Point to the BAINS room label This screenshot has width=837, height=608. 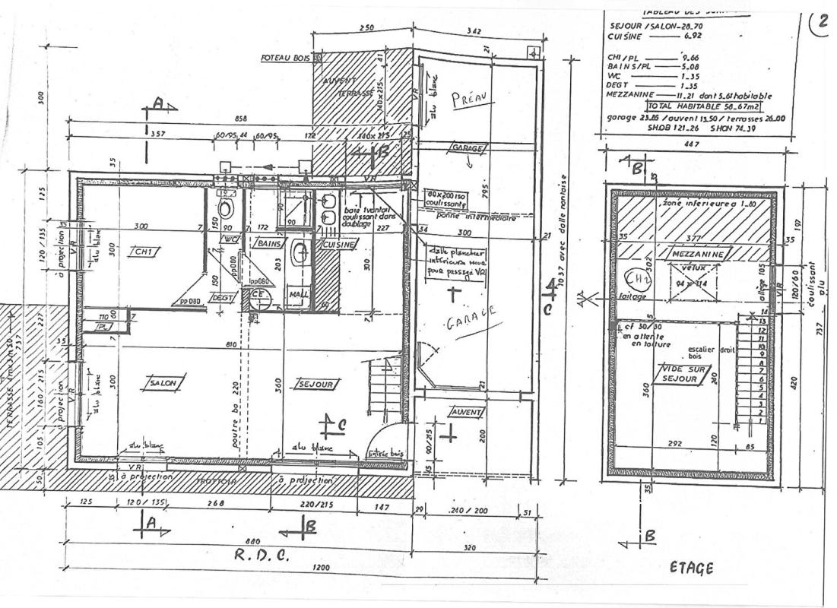[x=270, y=244]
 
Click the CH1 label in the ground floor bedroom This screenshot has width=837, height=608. [x=142, y=252]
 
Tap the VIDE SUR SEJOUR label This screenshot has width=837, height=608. [x=682, y=374]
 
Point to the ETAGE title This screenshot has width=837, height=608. [x=691, y=568]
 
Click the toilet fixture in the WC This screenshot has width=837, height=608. [x=226, y=207]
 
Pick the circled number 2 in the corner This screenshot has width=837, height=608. [x=820, y=24]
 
